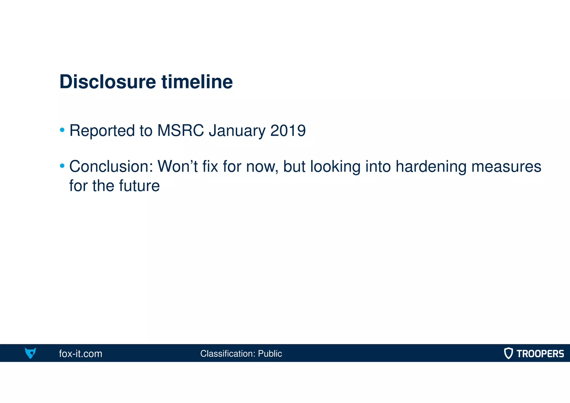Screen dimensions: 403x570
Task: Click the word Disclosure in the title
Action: pyautogui.click(x=108, y=82)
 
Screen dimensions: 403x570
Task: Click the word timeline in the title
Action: pyautogui.click(x=197, y=82)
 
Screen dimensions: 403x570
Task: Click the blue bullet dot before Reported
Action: pyautogui.click(x=62, y=130)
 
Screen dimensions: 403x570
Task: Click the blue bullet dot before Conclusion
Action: pyautogui.click(x=62, y=166)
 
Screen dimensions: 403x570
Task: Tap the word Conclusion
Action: pyautogui.click(x=111, y=167)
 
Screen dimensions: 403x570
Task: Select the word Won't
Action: pyautogui.click(x=177, y=167)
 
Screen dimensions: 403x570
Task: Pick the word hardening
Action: pyautogui.click(x=431, y=167)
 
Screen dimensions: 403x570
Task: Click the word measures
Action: pyautogui.click(x=506, y=167)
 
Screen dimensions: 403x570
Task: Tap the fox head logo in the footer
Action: pyautogui.click(x=30, y=353)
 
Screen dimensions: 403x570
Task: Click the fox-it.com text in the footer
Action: pyautogui.click(x=80, y=354)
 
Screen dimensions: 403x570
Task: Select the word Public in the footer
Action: pyautogui.click(x=270, y=354)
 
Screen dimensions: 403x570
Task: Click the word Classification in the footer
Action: pyautogui.click(x=228, y=354)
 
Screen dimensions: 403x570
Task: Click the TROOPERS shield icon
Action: pyautogui.click(x=508, y=353)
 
